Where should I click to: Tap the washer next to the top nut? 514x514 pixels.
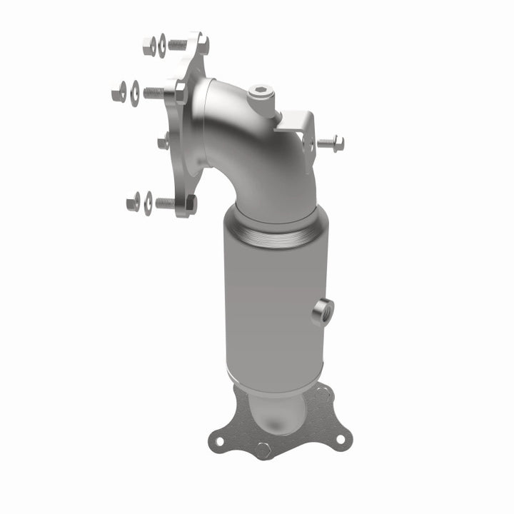pyautogui.click(x=162, y=45)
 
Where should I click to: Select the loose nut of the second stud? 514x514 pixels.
pyautogui.click(x=119, y=91)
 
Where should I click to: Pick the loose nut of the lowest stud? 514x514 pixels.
pyautogui.click(x=133, y=202)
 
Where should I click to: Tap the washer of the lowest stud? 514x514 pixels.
pyautogui.click(x=148, y=203)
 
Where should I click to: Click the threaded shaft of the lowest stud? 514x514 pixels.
pyautogui.click(x=166, y=203)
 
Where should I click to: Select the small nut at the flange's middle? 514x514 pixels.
pyautogui.click(x=163, y=142)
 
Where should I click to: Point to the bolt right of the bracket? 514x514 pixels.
pyautogui.click(x=330, y=143)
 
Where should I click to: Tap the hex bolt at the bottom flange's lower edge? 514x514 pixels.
pyautogui.click(x=264, y=451)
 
